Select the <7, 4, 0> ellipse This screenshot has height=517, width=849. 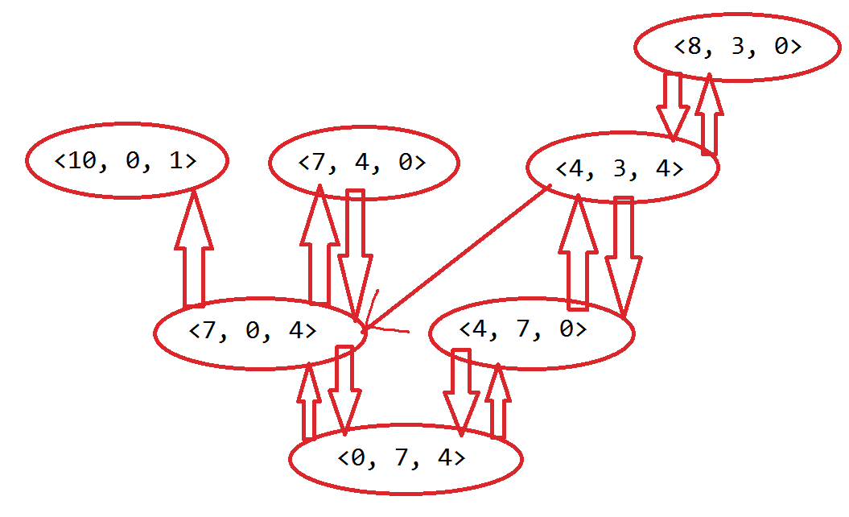pyautogui.click(x=363, y=162)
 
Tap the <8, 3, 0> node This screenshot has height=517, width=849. pyautogui.click(x=738, y=47)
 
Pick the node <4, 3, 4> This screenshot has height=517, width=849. pyautogui.click(x=620, y=169)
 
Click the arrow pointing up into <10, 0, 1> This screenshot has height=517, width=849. pyautogui.click(x=194, y=250)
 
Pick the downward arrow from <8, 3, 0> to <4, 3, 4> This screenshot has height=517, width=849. pyautogui.click(x=672, y=105)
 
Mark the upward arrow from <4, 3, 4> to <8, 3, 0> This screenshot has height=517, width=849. pyautogui.click(x=707, y=113)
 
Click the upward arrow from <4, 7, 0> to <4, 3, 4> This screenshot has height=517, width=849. pyautogui.click(x=577, y=254)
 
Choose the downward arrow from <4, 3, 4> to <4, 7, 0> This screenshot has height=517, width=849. pyautogui.click(x=622, y=254)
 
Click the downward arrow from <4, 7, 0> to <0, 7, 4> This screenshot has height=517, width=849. pyautogui.click(x=461, y=391)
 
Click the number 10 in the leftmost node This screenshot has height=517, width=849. pyautogui.click(x=84, y=161)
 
